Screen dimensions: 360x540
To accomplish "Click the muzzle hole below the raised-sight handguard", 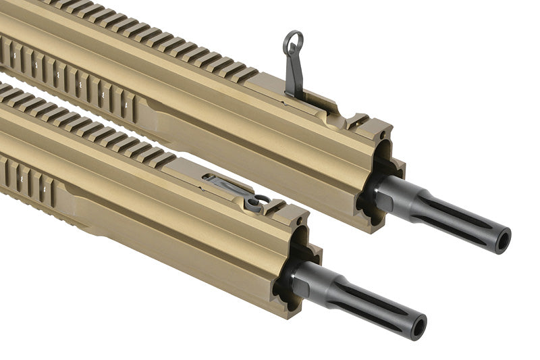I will pos(502,242).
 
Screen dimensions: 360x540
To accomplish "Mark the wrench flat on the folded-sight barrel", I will pos(304,278).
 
